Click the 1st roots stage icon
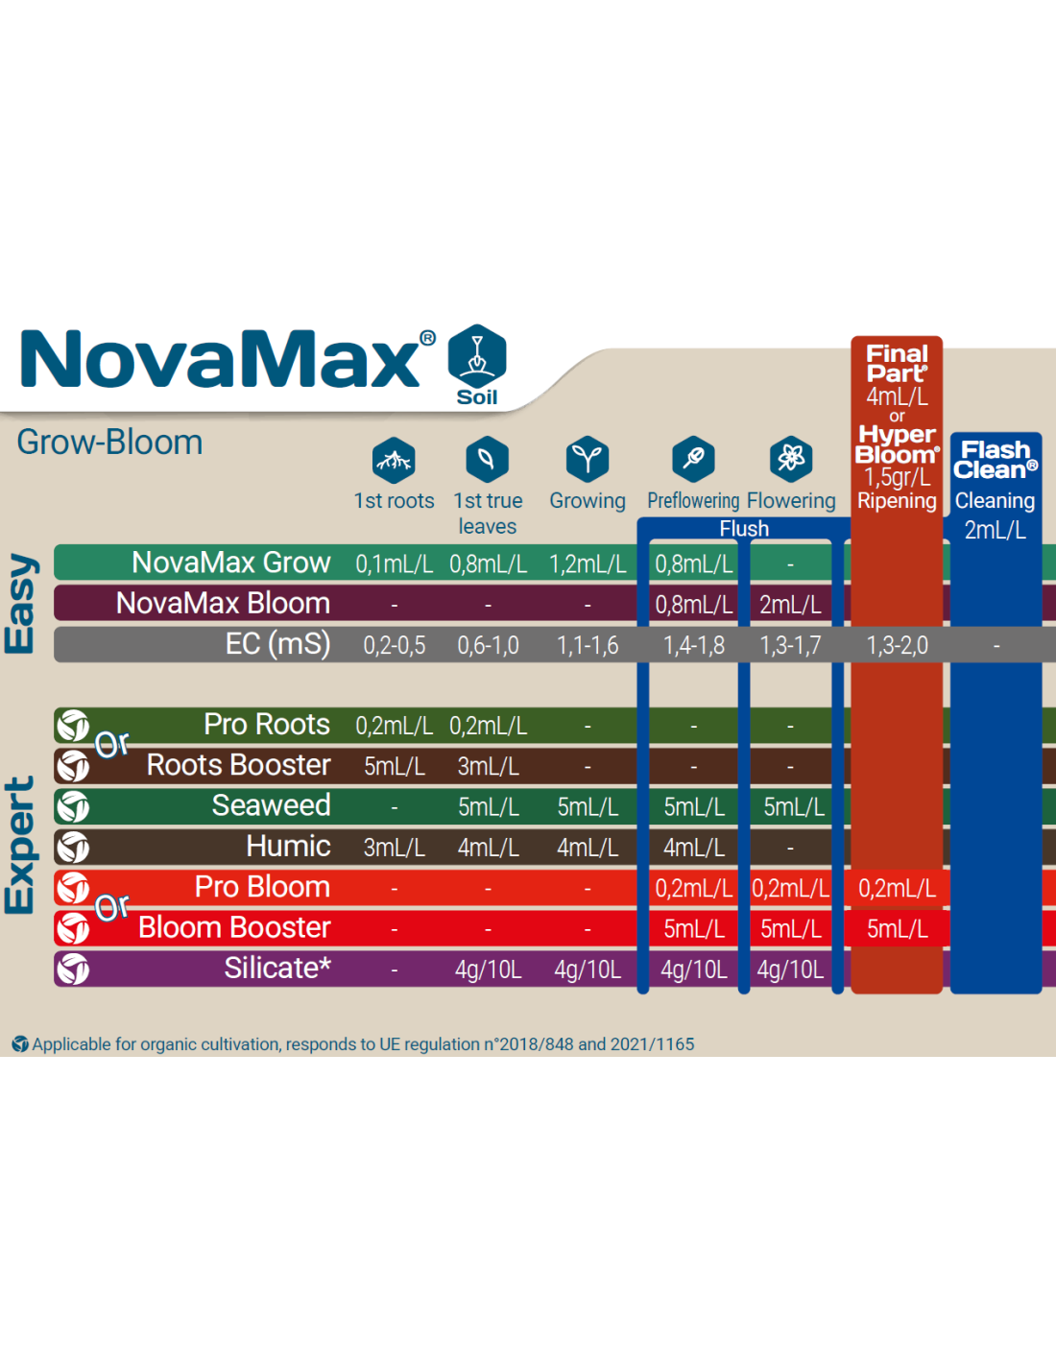click(394, 460)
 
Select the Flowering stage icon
click(791, 459)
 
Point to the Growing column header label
click(588, 501)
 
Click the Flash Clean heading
click(996, 460)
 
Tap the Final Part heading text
click(897, 364)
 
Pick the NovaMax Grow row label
click(230, 563)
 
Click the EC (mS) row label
click(277, 644)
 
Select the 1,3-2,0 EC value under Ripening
click(897, 645)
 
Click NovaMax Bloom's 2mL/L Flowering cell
click(790, 605)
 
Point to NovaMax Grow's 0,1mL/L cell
click(394, 564)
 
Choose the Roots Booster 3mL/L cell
click(488, 766)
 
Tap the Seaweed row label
click(271, 805)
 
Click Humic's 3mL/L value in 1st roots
click(394, 848)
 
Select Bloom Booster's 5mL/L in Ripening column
click(897, 928)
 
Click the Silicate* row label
click(277, 969)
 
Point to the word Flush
click(744, 528)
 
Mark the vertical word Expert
click(20, 845)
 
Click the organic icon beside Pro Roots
click(73, 726)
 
